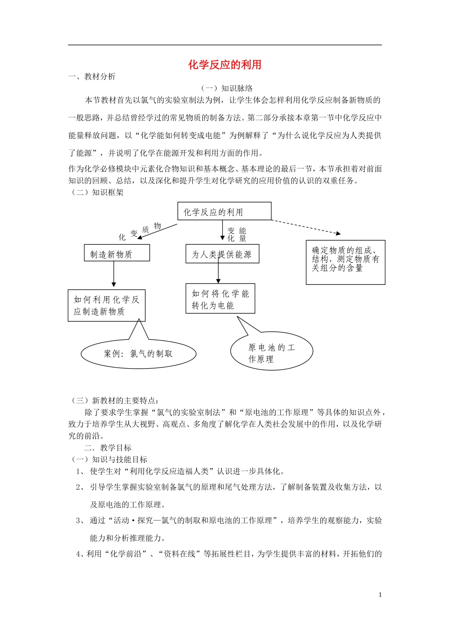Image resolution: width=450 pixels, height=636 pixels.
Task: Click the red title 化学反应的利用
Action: click(x=225, y=65)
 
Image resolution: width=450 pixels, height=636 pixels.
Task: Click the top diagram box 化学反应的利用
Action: click(x=224, y=212)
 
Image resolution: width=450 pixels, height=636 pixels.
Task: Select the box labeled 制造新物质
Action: click(x=117, y=253)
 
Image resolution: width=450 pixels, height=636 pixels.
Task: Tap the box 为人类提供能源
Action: click(x=222, y=254)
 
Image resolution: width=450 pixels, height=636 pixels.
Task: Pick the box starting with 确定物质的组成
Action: click(x=345, y=262)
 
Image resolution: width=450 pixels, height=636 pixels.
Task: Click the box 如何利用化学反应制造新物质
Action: click(x=107, y=306)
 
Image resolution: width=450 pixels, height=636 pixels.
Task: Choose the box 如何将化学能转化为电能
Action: click(x=220, y=299)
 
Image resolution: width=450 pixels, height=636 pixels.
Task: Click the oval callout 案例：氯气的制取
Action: click(x=138, y=354)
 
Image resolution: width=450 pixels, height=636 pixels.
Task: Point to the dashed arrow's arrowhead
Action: click(x=338, y=233)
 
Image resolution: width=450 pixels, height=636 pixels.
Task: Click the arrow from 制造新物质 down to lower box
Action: click(x=114, y=274)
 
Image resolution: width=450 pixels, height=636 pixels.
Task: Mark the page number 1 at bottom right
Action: click(x=380, y=595)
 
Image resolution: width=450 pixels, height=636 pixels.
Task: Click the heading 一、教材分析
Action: click(x=92, y=77)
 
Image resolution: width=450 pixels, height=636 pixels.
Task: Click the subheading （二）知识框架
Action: click(x=96, y=192)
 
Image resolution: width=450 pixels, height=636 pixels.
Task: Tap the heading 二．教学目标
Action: click(x=108, y=448)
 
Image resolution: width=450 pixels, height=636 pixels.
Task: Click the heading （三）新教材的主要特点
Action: click(x=114, y=401)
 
